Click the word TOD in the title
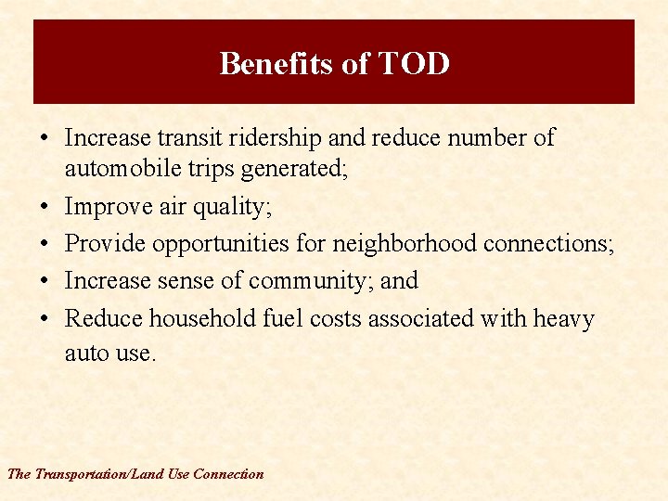coord(413,64)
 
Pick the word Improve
coord(109,207)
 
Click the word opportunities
coord(222,244)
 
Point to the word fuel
coord(283,318)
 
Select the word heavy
coord(564,319)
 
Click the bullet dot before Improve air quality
coord(44,207)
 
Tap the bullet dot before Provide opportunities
coord(44,244)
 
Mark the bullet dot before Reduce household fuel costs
coord(44,319)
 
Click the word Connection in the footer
coord(228,474)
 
